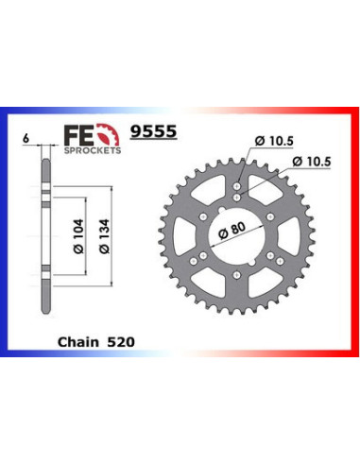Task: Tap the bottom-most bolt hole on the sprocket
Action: click(x=238, y=284)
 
